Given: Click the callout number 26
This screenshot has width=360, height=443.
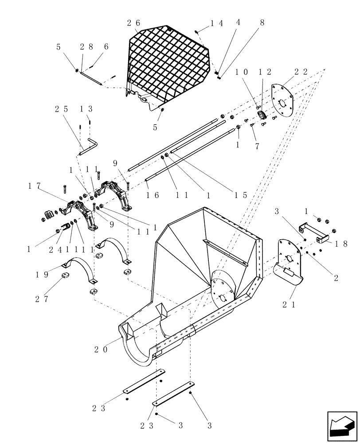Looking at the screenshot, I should (x=133, y=23).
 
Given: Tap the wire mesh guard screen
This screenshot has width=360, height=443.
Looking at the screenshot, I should (x=168, y=66).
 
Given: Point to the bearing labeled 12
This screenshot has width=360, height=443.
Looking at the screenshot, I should (x=262, y=115).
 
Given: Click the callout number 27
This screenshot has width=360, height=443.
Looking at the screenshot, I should (x=42, y=299).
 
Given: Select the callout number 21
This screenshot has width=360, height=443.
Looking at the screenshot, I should (x=289, y=304).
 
